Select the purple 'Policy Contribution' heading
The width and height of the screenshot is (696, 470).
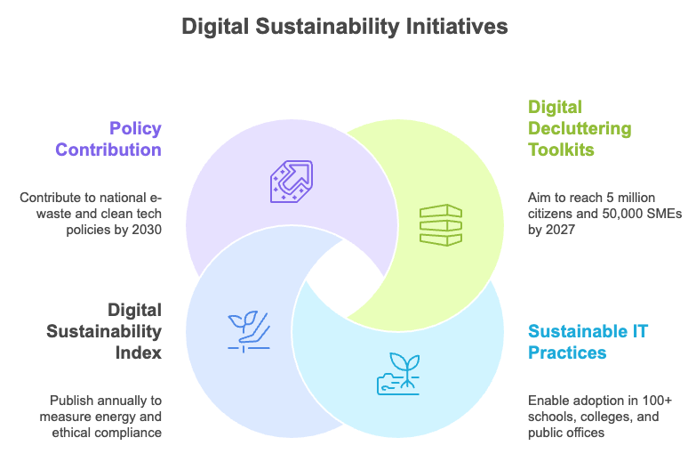pos(108,139)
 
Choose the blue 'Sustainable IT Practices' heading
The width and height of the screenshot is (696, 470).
pos(588,342)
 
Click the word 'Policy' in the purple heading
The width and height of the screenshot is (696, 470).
pos(135,128)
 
